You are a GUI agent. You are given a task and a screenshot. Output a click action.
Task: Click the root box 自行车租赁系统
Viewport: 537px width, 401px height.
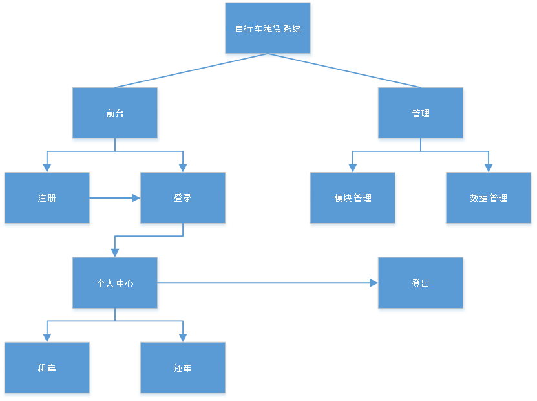[x=268, y=29]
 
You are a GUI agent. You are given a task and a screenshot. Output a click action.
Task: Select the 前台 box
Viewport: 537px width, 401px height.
[x=115, y=114]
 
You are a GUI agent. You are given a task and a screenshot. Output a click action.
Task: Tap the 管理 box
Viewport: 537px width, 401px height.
[x=421, y=114]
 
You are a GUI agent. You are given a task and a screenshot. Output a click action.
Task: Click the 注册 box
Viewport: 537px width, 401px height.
[x=47, y=199]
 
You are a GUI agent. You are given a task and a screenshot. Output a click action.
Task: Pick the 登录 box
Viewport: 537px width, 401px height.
[x=183, y=199]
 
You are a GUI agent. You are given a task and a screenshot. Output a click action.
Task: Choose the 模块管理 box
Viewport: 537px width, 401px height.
[x=353, y=199]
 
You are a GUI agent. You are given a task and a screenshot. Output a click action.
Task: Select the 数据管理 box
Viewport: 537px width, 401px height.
[x=489, y=199]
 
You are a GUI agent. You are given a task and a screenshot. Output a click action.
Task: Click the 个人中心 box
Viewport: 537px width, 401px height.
[x=115, y=284]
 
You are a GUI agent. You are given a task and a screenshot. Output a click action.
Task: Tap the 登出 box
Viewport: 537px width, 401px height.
[x=421, y=284]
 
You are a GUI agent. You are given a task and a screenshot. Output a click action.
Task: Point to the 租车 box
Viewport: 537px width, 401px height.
[x=47, y=369]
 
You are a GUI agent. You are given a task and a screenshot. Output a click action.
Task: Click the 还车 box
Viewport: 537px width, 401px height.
[x=183, y=369]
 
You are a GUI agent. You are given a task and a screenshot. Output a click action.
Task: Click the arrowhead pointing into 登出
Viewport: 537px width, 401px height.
[x=373, y=283]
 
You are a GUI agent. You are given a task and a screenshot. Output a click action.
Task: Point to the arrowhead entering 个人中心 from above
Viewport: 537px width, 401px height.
[x=115, y=253]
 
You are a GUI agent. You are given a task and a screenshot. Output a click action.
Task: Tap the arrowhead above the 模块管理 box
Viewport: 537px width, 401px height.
[x=353, y=168]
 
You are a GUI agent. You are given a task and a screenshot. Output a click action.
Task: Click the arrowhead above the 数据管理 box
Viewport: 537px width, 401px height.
[x=489, y=168]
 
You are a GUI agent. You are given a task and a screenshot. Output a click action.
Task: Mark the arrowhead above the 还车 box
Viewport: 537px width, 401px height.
[x=183, y=338]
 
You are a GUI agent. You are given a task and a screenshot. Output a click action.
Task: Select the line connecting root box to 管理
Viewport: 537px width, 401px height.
[x=354, y=73]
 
